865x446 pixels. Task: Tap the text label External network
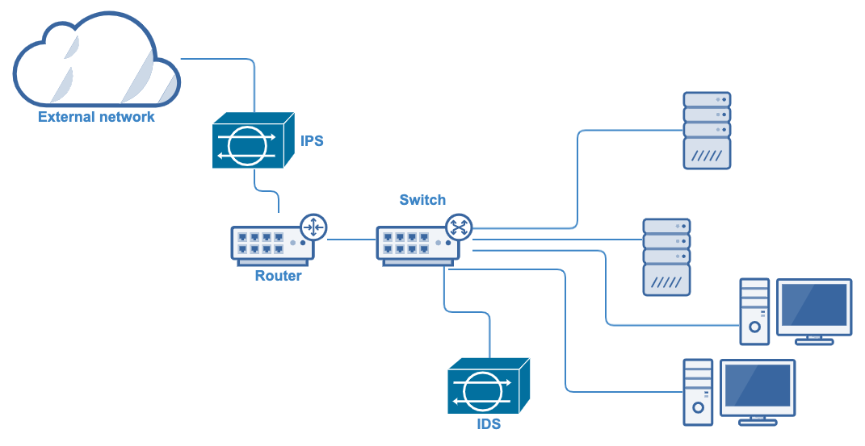click(x=96, y=117)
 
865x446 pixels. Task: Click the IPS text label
click(x=312, y=141)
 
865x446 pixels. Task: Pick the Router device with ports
click(x=271, y=245)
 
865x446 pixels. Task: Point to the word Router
click(x=278, y=276)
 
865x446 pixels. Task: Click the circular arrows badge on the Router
click(x=313, y=227)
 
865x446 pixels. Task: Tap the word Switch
click(x=422, y=200)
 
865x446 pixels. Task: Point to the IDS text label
click(x=489, y=423)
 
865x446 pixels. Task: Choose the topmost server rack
click(x=707, y=130)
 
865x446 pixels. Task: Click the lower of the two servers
click(x=666, y=256)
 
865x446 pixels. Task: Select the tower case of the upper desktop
click(x=754, y=311)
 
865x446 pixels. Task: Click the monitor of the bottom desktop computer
click(x=757, y=390)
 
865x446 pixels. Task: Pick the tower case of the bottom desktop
click(x=698, y=392)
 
